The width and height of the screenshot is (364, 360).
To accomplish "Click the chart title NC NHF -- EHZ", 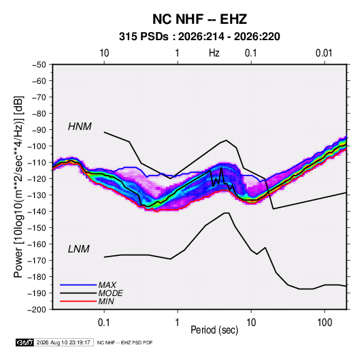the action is click(x=199, y=19).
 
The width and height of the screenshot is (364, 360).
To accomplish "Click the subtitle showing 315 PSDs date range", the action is click(x=199, y=37).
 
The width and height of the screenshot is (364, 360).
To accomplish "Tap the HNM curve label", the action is click(x=80, y=127).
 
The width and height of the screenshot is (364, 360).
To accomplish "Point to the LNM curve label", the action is click(x=79, y=249).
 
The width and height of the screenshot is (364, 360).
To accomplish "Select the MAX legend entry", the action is click(x=107, y=284).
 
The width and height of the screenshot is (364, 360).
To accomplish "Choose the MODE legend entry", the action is click(x=110, y=293).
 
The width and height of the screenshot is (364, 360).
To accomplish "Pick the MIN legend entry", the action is click(x=106, y=301).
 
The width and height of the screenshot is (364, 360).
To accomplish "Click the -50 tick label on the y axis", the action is click(x=39, y=65).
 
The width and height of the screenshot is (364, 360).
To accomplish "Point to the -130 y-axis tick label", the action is click(x=37, y=195).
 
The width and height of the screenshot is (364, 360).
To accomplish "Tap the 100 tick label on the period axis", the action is click(x=325, y=322).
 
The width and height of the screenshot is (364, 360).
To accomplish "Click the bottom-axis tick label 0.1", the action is click(x=104, y=322).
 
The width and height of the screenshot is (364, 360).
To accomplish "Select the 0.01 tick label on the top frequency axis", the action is click(x=324, y=53).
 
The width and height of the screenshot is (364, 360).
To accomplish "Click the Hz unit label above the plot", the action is click(x=214, y=53).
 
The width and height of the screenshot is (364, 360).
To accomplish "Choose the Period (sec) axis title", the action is click(x=214, y=330).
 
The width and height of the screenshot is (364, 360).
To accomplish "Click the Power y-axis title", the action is click(x=18, y=187).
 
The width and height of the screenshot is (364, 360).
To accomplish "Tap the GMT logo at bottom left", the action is click(x=25, y=342).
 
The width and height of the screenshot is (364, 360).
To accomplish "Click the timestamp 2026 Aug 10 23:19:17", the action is click(x=63, y=342).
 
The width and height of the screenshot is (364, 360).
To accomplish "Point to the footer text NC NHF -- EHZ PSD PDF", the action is click(x=125, y=342).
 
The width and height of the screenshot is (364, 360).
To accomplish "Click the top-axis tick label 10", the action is click(x=104, y=53).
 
